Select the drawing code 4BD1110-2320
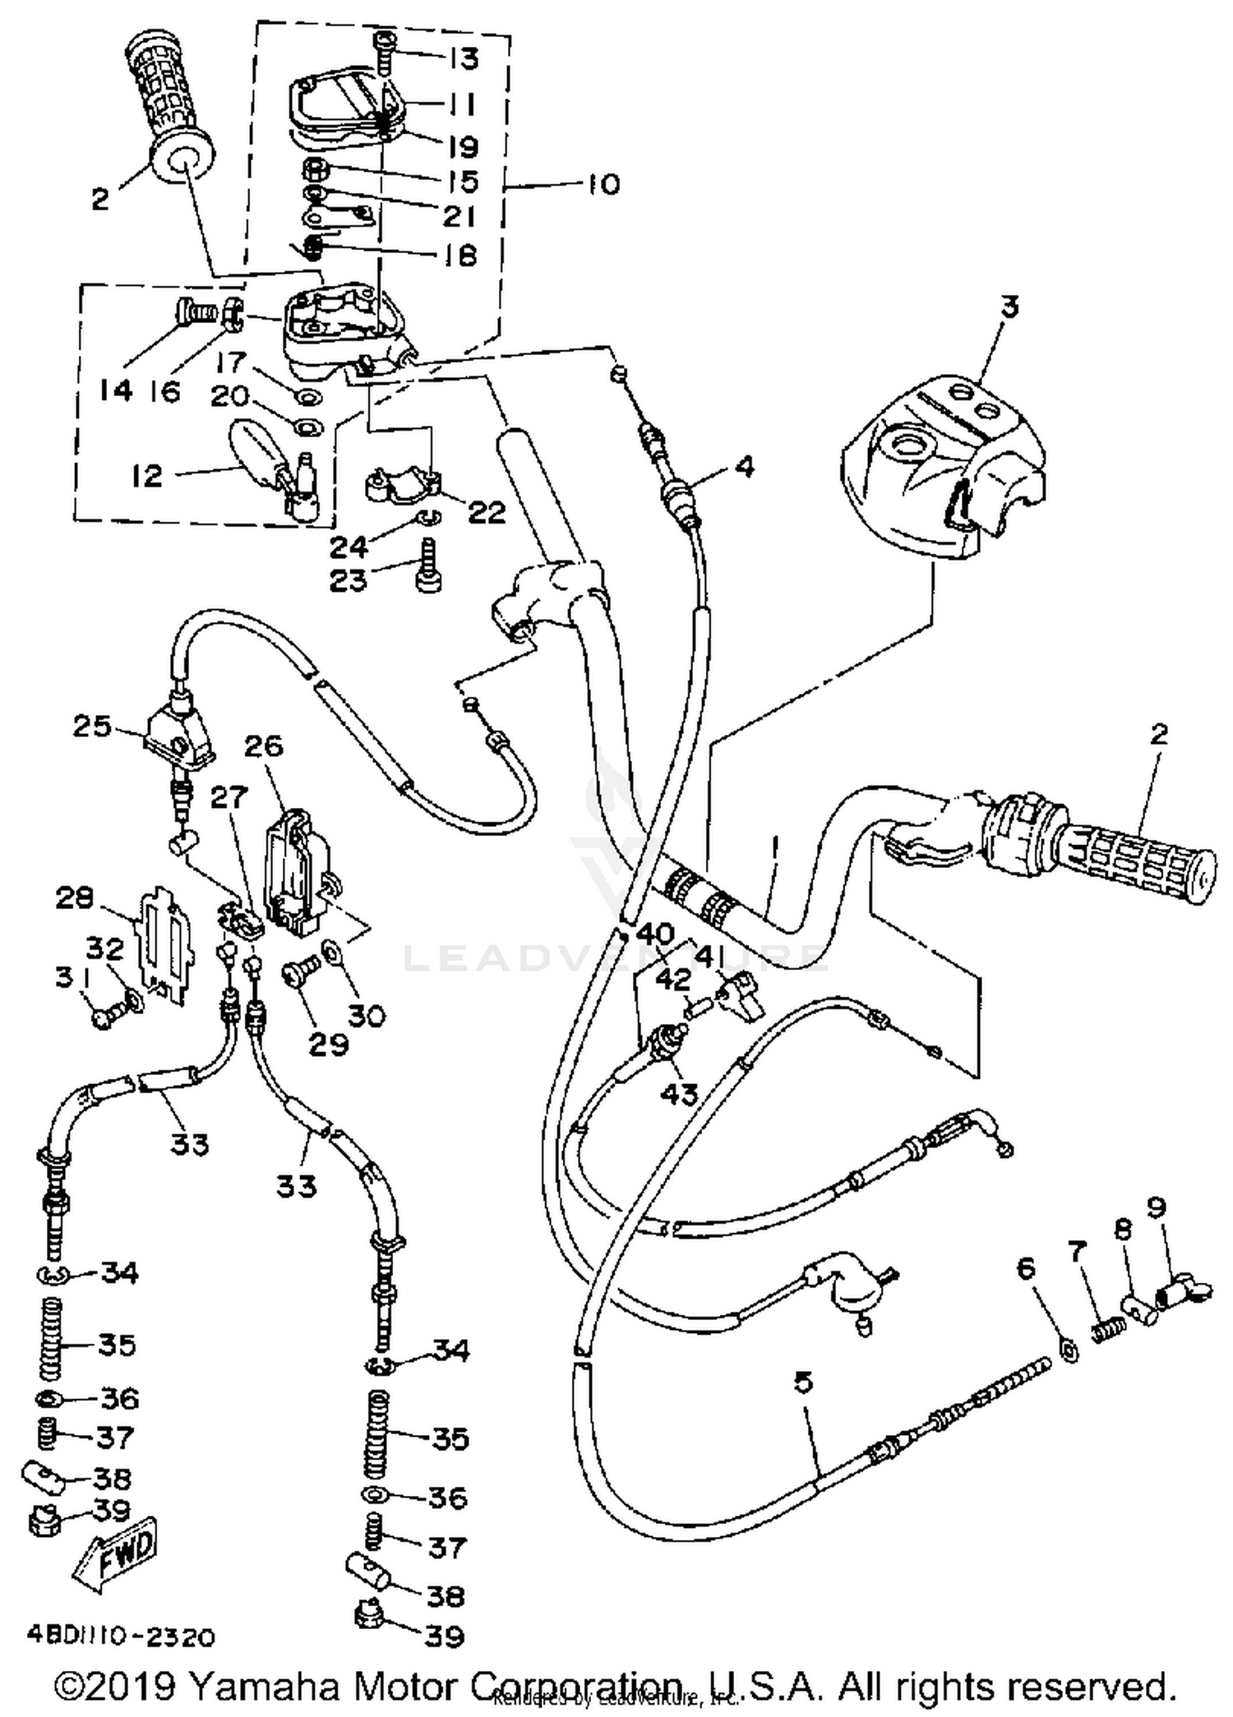[x=121, y=1636]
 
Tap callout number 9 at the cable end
[x=1156, y=1207]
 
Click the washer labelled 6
[x=1069, y=1350]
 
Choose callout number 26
[x=264, y=745]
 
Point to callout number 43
[x=679, y=1094]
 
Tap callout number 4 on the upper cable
[x=743, y=467]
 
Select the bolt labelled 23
[x=428, y=567]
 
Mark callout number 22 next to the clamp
[x=486, y=512]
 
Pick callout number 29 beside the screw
[x=329, y=1044]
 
